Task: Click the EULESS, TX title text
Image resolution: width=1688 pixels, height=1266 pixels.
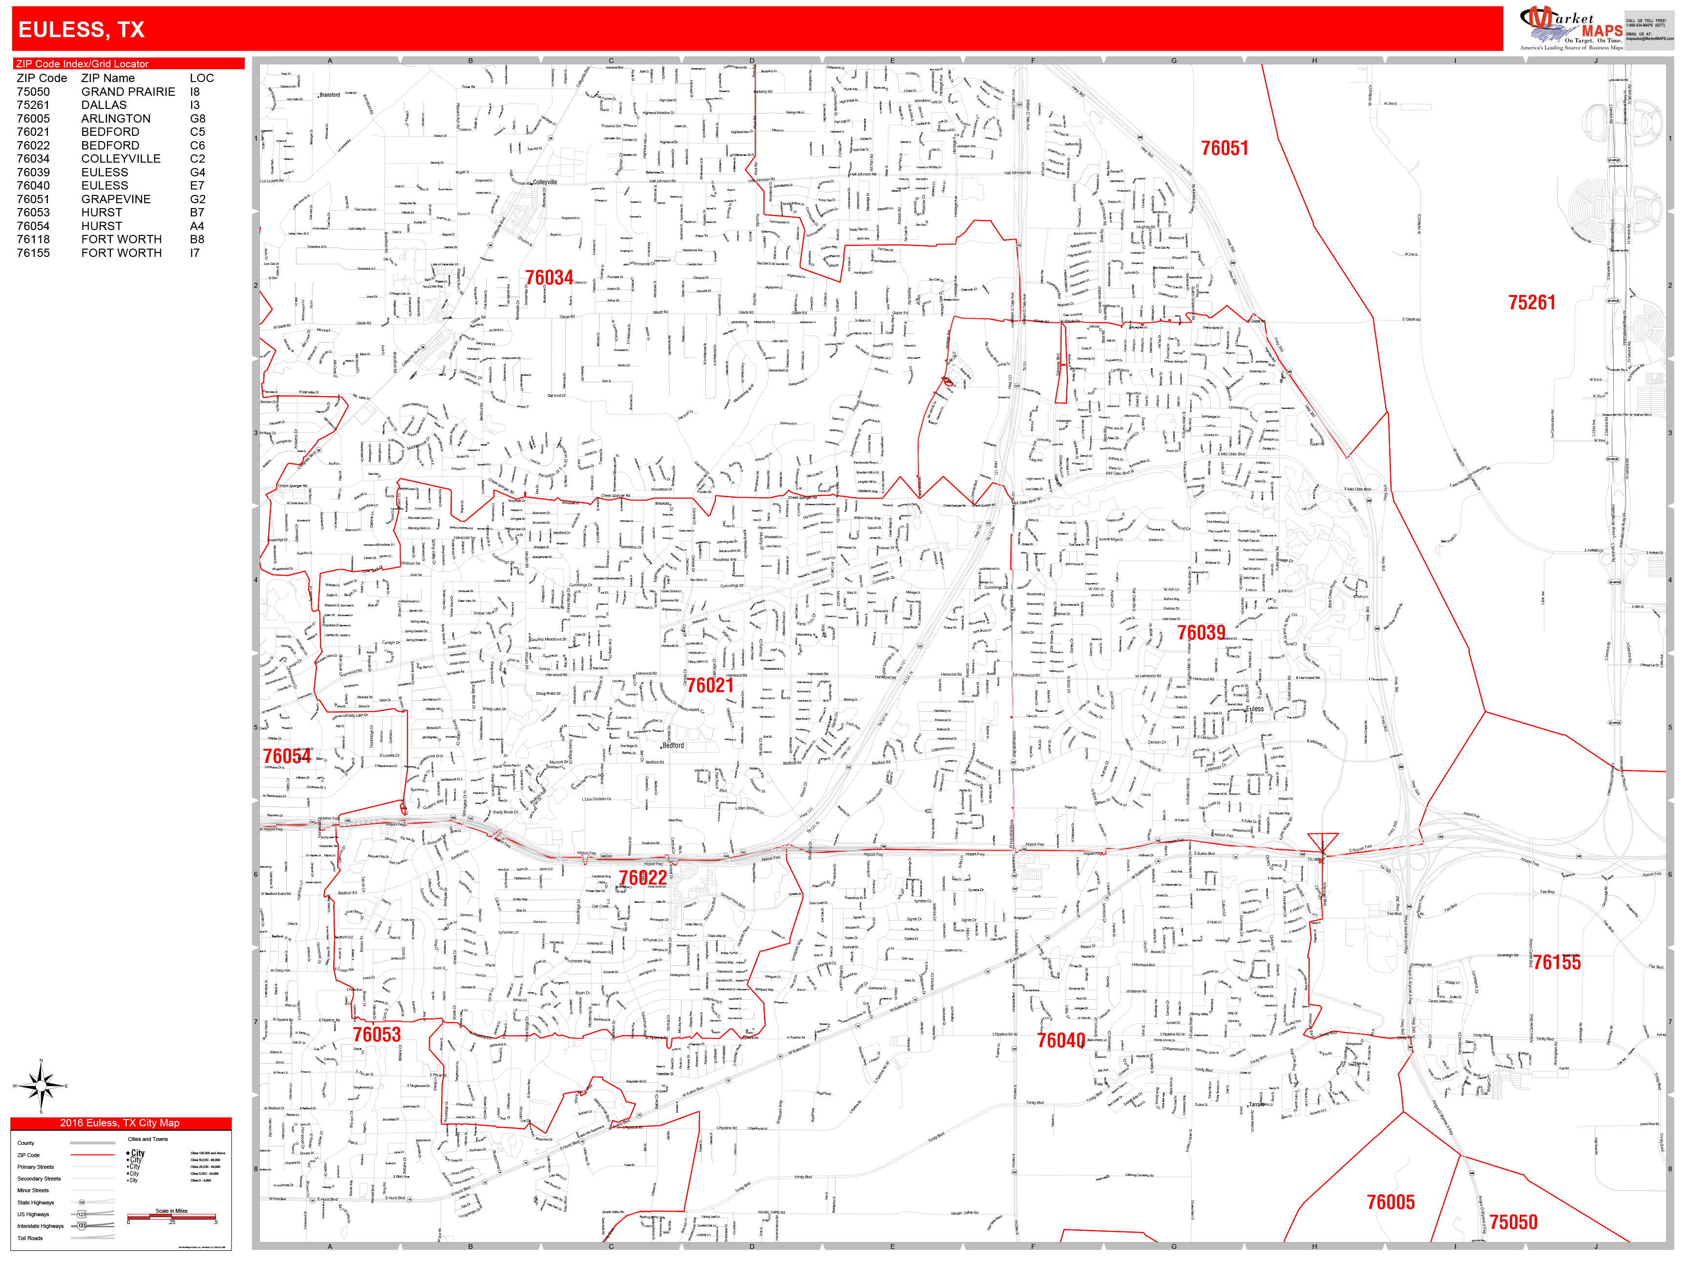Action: [x=81, y=30]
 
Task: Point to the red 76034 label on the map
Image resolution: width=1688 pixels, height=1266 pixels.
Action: [x=549, y=278]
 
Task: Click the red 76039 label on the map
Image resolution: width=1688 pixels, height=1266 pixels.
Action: [x=1201, y=633]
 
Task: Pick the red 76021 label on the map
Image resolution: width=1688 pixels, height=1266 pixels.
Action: [x=710, y=685]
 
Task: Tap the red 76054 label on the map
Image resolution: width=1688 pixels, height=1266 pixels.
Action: [x=287, y=756]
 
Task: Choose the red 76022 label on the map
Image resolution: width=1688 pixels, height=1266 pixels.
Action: [x=643, y=878]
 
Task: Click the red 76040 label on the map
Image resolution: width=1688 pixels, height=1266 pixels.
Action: [x=1061, y=1040]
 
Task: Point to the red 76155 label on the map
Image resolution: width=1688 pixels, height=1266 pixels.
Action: [x=1557, y=962]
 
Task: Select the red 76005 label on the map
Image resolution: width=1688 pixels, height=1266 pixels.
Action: [x=1391, y=1203]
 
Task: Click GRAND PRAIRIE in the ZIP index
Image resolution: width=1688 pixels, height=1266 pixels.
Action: [x=128, y=91]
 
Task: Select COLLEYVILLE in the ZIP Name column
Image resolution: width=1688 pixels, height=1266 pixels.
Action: [x=121, y=159]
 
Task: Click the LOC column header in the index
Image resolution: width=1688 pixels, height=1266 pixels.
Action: [x=201, y=78]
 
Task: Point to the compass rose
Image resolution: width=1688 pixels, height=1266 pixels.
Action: [x=41, y=1086]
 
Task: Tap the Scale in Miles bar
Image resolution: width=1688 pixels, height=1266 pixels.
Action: [x=172, y=1216]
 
